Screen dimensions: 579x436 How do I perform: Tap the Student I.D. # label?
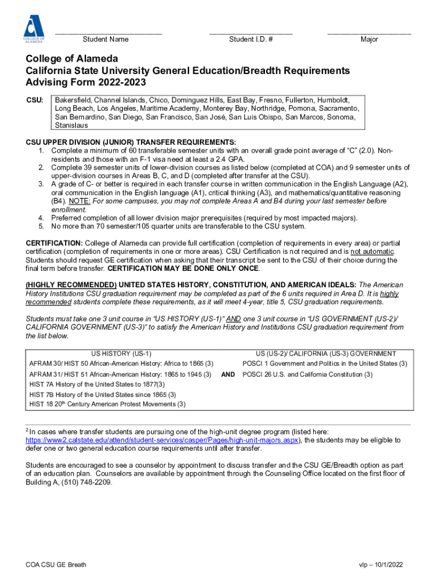pyautogui.click(x=251, y=40)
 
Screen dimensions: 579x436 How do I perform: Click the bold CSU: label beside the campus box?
pyautogui.click(x=35, y=100)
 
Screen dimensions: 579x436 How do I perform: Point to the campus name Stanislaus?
pyautogui.click(x=71, y=126)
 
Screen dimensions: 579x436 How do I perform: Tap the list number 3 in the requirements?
pyautogui.click(x=41, y=184)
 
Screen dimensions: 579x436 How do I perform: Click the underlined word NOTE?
pyautogui.click(x=81, y=201)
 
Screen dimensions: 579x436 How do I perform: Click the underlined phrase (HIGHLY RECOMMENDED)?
pyautogui.click(x=71, y=285)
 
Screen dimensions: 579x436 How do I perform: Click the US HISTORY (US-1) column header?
pyautogui.click(x=117, y=353)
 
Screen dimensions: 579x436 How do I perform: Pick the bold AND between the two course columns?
pyautogui.click(x=228, y=374)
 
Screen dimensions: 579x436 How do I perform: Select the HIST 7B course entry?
pyautogui.click(x=102, y=394)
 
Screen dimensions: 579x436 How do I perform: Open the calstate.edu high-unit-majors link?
pyautogui.click(x=164, y=440)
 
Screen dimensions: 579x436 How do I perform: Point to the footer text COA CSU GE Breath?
pyautogui.click(x=56, y=565)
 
